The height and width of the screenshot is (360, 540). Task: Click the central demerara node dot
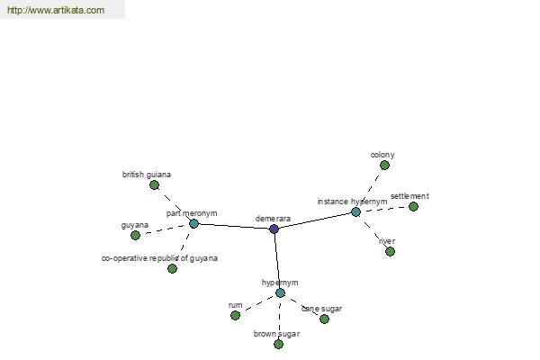click(274, 229)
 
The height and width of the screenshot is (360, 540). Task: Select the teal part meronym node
click(193, 223)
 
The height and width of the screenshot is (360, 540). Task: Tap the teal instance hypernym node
click(355, 211)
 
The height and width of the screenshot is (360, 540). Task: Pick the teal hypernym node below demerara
click(280, 292)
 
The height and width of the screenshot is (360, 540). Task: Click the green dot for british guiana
click(154, 184)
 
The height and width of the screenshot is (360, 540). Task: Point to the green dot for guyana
click(135, 235)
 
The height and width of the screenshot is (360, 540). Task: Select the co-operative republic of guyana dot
click(172, 268)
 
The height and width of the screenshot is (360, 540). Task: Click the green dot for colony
click(384, 165)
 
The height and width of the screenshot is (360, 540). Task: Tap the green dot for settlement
click(413, 206)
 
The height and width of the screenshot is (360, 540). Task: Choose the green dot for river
click(390, 251)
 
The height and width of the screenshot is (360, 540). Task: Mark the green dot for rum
click(235, 315)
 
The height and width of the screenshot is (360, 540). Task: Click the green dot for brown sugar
click(278, 344)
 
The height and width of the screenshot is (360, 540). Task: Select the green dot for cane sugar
click(324, 319)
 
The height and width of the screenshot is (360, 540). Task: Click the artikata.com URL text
click(55, 11)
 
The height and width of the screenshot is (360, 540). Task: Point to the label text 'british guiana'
click(147, 175)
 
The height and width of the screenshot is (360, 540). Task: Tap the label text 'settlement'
click(409, 196)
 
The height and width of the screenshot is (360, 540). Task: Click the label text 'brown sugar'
click(276, 334)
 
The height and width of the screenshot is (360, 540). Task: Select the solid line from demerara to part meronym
click(234, 226)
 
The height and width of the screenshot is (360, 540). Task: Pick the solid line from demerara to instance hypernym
click(315, 220)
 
